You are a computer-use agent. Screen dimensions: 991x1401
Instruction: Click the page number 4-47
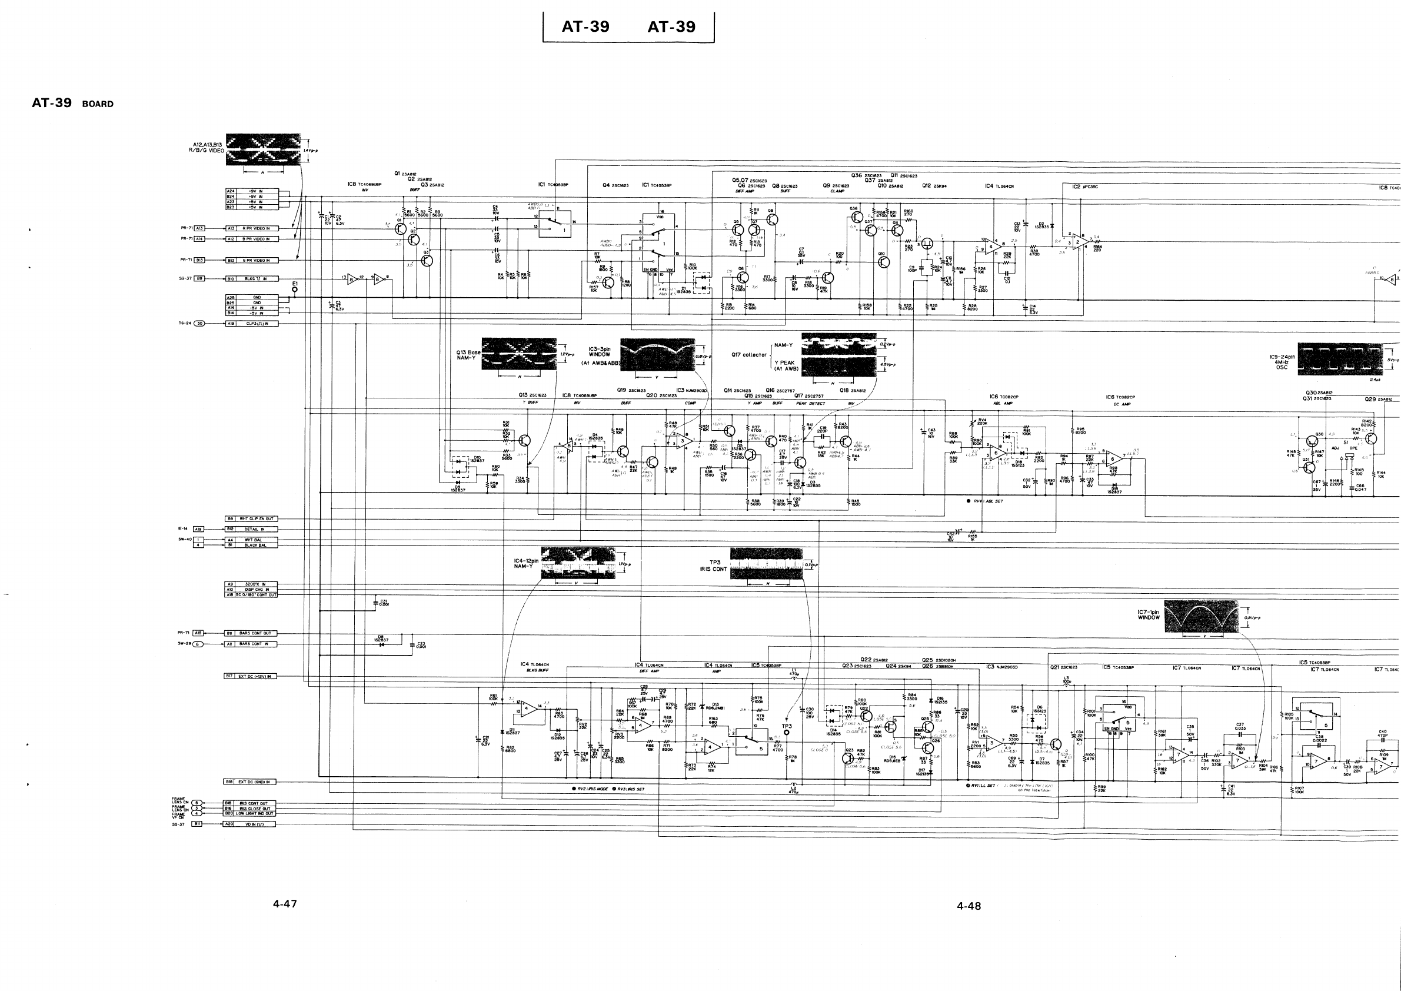[x=285, y=904]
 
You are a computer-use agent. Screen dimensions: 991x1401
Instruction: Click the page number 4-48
[x=969, y=906]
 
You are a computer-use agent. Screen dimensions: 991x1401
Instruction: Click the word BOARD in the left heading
[x=98, y=104]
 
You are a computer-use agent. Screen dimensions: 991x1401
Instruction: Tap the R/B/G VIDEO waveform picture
[x=263, y=149]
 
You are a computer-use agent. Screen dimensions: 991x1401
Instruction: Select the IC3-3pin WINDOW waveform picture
[x=657, y=354]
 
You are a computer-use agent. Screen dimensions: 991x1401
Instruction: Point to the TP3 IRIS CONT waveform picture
[x=766, y=563]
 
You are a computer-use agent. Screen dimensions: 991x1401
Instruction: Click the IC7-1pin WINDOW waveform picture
[x=1201, y=616]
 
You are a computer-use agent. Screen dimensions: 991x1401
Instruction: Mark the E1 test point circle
[x=295, y=290]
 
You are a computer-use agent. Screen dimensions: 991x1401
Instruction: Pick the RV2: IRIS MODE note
[x=590, y=789]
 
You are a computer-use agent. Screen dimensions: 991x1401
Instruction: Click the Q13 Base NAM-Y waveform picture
[x=518, y=354]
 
